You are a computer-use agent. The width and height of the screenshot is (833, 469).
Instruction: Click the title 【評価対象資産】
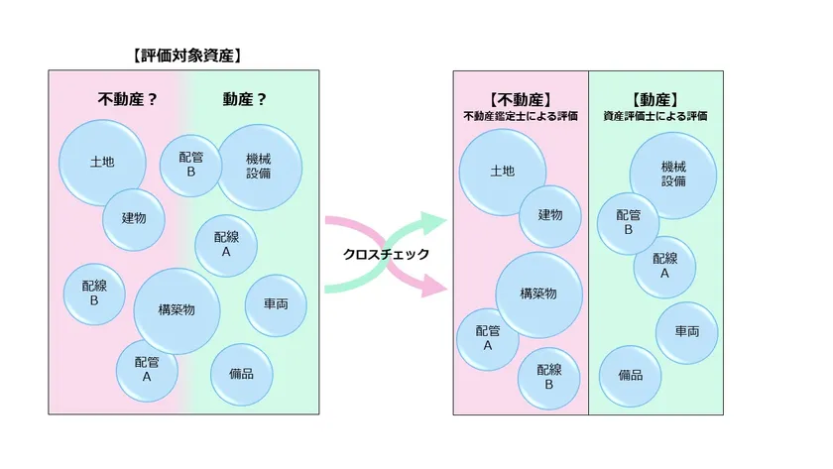[x=187, y=56]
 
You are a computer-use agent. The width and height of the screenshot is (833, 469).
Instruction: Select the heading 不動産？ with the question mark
[x=128, y=99]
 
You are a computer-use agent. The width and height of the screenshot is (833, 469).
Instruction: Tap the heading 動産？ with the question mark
[x=244, y=99]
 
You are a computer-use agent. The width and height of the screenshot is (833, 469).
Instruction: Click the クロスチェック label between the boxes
[x=386, y=255]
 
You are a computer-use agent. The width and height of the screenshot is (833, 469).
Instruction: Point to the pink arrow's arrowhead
[x=434, y=286]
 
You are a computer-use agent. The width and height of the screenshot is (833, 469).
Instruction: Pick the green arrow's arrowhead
[x=434, y=223]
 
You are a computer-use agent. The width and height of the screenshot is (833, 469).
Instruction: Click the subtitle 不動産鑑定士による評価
[x=521, y=116]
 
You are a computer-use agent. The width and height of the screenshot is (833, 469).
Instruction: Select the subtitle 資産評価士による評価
[x=655, y=116]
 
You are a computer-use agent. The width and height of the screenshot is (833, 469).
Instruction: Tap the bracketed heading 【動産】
[x=655, y=99]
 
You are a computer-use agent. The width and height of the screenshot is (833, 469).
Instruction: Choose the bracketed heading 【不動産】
[x=521, y=99]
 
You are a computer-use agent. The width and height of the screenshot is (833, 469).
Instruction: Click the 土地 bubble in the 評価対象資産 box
[x=102, y=163]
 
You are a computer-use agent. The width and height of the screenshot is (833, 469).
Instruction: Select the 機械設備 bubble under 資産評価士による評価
[x=673, y=176]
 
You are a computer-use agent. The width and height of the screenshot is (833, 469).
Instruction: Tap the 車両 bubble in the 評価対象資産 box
[x=276, y=304]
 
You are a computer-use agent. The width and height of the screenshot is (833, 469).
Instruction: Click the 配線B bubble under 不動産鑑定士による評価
[x=548, y=378]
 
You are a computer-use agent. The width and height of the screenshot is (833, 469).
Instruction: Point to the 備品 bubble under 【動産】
[x=630, y=376]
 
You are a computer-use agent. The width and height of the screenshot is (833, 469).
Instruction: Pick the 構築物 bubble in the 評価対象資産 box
[x=177, y=310]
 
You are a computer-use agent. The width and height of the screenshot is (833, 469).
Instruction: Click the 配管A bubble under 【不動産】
[x=488, y=339]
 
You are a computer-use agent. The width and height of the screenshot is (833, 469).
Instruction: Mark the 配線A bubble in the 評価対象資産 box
[x=226, y=245]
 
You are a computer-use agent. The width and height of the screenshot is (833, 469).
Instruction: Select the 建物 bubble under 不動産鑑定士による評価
[x=549, y=215]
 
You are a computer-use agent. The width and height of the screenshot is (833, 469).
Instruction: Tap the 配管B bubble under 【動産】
[x=628, y=223]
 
